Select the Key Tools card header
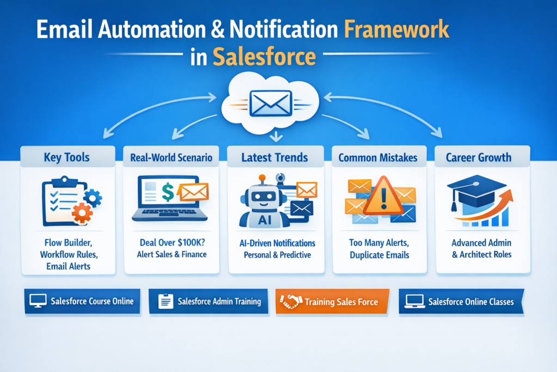[67, 158]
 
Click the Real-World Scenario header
[171, 158]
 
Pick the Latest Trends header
[275, 158]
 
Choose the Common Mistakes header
[379, 158]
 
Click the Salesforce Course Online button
[78, 301]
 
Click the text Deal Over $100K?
[171, 243]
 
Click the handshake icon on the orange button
[291, 302]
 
